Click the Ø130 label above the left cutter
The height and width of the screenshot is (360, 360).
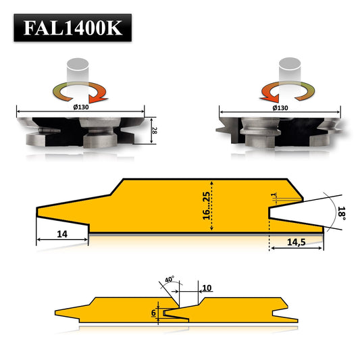point(80,107)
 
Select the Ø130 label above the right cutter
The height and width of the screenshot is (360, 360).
point(281,107)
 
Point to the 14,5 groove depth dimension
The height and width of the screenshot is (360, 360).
point(295,241)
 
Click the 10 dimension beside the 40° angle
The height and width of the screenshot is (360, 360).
point(207,288)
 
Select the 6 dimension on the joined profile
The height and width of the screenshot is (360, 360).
point(153,312)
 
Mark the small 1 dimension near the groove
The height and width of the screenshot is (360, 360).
point(274,197)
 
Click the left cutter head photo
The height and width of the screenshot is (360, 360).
point(80,130)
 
